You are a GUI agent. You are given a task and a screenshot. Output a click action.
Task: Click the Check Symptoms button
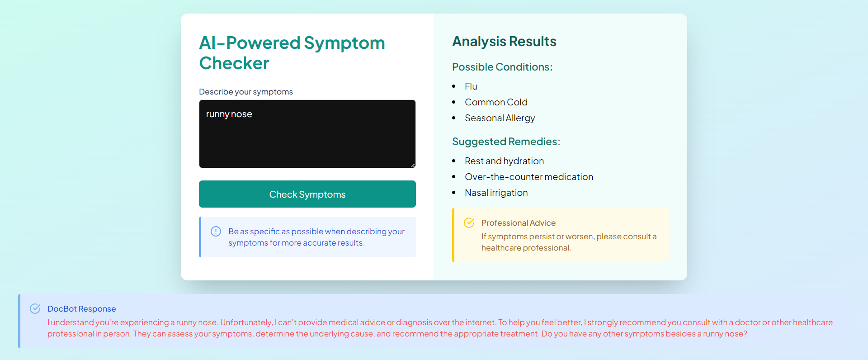coord(307,194)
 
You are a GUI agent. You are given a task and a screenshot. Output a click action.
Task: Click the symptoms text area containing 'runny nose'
coord(307,134)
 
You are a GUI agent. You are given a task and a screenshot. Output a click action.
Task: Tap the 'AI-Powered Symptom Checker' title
coord(292,53)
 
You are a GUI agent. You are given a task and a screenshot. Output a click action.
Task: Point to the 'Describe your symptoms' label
coord(246,92)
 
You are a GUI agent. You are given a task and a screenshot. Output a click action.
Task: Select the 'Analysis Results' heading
coord(504,41)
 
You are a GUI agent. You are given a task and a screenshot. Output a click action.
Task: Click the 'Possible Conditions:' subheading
coord(502,67)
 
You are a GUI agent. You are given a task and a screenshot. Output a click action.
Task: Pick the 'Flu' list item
coord(471,86)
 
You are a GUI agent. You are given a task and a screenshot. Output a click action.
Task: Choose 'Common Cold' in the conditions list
coord(496,102)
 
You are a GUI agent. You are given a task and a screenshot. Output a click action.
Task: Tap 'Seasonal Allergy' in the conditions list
coord(500,118)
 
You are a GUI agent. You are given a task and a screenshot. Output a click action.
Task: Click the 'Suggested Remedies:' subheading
coord(506,142)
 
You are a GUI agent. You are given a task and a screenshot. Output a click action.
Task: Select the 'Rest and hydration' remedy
coord(504,161)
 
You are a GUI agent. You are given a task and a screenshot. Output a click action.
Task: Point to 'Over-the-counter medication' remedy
coord(529,177)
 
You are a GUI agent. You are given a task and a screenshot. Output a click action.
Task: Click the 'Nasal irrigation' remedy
coord(496,193)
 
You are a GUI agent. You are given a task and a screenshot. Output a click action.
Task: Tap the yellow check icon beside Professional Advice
coord(469,223)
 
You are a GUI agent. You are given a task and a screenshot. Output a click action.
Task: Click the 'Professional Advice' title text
coord(518,223)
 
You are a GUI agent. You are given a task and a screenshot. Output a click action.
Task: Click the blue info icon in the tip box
coord(216,231)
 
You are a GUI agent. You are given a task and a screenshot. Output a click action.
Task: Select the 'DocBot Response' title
coord(81,309)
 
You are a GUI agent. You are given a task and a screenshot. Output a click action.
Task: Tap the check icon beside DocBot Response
coord(35,308)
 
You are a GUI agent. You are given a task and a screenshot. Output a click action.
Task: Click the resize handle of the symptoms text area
coord(413,165)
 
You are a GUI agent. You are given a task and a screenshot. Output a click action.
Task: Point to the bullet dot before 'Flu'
coord(453,86)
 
